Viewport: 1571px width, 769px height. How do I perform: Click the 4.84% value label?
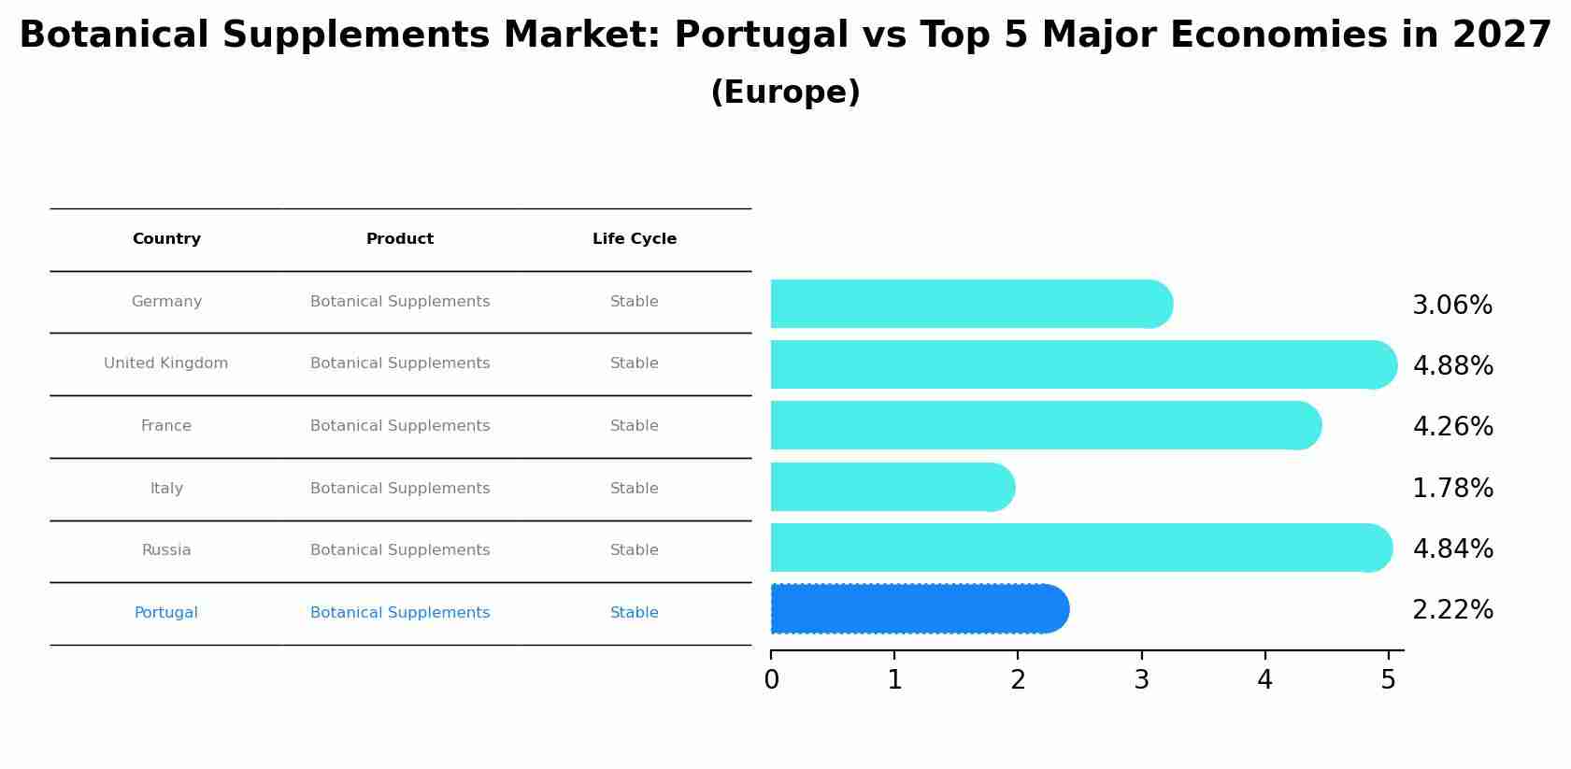(x=1452, y=548)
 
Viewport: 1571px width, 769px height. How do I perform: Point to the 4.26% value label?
(x=1452, y=426)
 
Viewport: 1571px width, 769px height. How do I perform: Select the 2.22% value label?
(x=1452, y=609)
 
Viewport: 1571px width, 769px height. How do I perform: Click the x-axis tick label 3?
(x=1141, y=680)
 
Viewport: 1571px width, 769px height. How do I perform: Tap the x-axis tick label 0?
(x=771, y=680)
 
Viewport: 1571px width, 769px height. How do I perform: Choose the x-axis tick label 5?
(x=1388, y=680)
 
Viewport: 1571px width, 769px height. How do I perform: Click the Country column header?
(x=166, y=239)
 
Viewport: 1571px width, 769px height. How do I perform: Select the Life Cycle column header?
(x=634, y=239)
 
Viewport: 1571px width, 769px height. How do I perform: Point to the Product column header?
(x=400, y=239)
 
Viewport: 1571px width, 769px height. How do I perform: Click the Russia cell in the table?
(x=166, y=550)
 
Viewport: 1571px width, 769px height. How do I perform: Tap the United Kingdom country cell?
(x=166, y=363)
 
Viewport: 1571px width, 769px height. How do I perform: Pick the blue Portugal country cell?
(x=166, y=613)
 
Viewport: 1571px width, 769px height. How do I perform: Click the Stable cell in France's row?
(x=634, y=426)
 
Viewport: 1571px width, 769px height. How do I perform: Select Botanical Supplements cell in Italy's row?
(x=400, y=489)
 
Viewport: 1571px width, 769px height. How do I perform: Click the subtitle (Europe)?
(x=785, y=93)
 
